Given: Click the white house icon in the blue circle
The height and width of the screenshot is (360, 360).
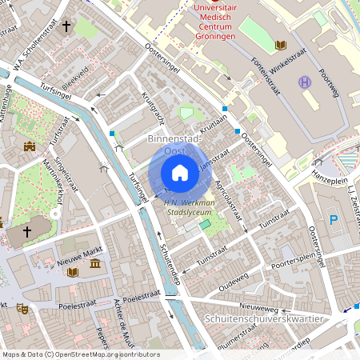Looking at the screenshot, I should point(180,173).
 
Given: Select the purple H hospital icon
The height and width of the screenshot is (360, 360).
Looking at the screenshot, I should point(305,82).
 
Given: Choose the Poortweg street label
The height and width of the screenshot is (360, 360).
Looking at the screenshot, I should point(330,85).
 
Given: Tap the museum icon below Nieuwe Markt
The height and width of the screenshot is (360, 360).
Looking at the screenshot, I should point(95,264).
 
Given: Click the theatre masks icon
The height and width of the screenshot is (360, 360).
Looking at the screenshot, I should point(22,306).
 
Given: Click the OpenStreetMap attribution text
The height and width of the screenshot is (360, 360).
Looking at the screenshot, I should point(80,354).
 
